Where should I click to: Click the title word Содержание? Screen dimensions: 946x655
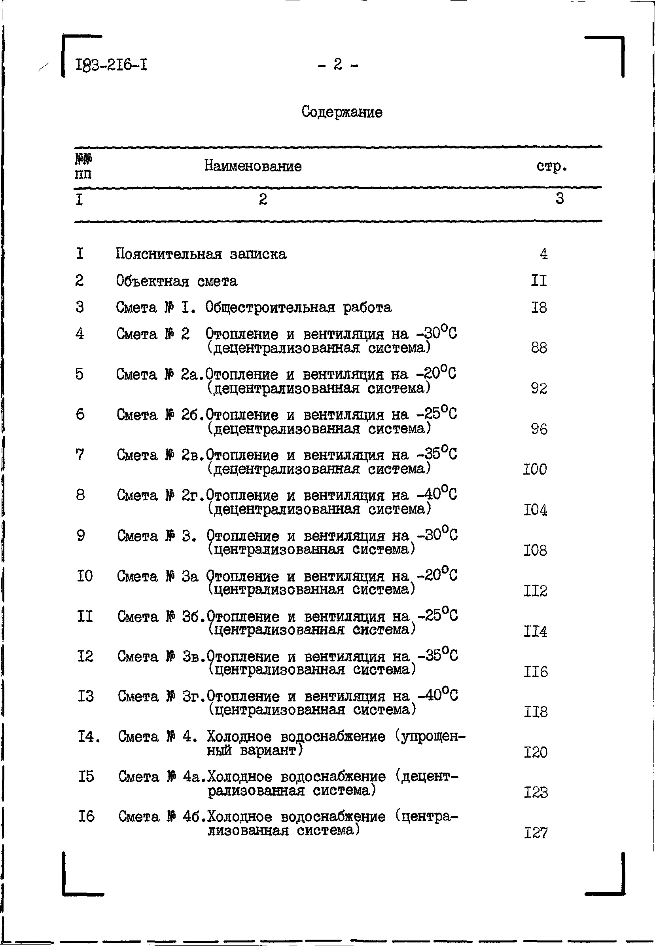pyautogui.click(x=341, y=112)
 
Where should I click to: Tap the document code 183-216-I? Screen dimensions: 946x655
pyautogui.click(x=111, y=65)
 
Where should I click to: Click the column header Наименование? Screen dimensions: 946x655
pyautogui.click(x=253, y=166)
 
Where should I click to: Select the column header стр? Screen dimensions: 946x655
pyautogui.click(x=552, y=166)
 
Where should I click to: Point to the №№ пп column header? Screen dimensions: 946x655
pyautogui.click(x=83, y=166)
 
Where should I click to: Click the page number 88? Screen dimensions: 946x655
pyautogui.click(x=539, y=348)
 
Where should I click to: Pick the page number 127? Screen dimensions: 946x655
pyautogui.click(x=536, y=833)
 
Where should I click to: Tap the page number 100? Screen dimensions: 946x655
pyautogui.click(x=535, y=469)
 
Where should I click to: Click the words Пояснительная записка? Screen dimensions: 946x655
pyautogui.click(x=201, y=254)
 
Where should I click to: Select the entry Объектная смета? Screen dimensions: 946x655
pyautogui.click(x=176, y=281)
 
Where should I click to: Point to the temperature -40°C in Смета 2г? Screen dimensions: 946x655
pyautogui.click(x=437, y=494)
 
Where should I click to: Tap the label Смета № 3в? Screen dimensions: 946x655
pyautogui.click(x=161, y=657)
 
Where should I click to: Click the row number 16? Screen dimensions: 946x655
pyautogui.click(x=86, y=816)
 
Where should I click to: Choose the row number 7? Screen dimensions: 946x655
pyautogui.click(x=80, y=454)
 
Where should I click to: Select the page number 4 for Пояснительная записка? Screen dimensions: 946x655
pyautogui.click(x=543, y=254)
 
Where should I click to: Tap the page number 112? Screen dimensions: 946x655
pyautogui.click(x=535, y=591)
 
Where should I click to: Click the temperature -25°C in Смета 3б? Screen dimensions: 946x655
pyautogui.click(x=437, y=615)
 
